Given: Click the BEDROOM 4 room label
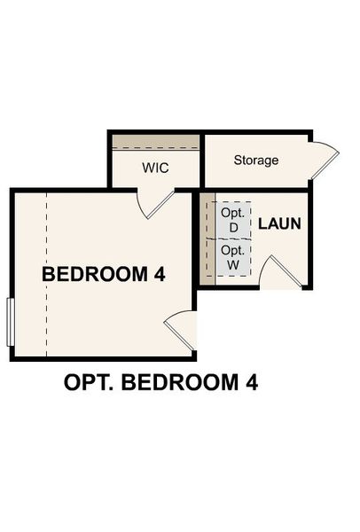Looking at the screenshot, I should [x=104, y=275].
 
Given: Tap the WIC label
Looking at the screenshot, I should [x=155, y=168].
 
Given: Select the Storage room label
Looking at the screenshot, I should [x=256, y=160].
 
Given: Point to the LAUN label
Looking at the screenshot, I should [x=279, y=223].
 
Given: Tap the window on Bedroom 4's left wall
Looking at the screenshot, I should [x=10, y=321].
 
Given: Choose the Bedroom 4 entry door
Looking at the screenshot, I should [x=180, y=328].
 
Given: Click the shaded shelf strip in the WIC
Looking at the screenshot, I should [x=155, y=142].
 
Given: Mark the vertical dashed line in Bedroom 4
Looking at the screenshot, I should [x=45, y=275].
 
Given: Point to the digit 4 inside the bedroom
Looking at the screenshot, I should [x=159, y=275].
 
